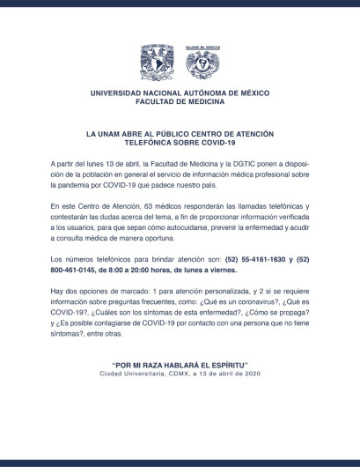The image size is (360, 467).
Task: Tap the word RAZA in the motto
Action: (x=150, y=363)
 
